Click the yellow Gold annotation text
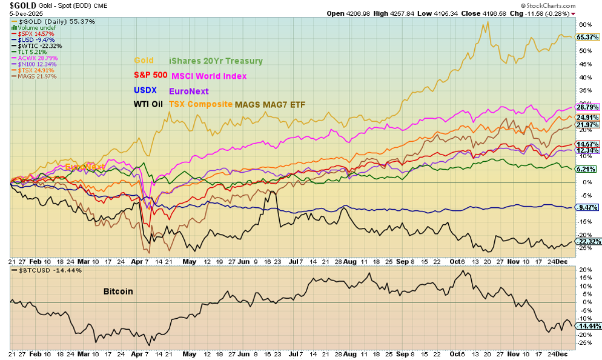click(144, 61)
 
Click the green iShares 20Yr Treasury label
click(216, 61)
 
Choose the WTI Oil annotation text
click(148, 104)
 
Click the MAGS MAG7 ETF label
click(270, 104)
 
